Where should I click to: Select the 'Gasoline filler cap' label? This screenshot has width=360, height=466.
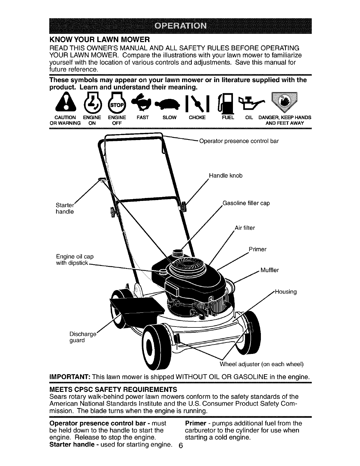[x=246, y=203]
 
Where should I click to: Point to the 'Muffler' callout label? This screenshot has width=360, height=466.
[x=270, y=270]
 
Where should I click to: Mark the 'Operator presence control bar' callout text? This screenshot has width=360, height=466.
[x=239, y=141]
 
